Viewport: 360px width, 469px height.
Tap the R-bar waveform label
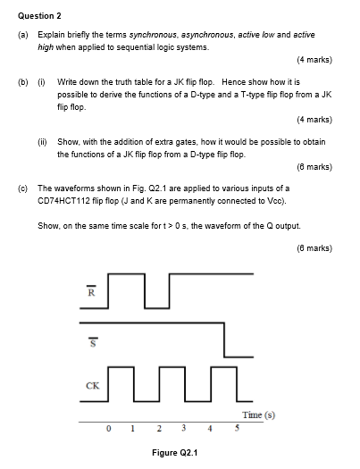tap(89, 292)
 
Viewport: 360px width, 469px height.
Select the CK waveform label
tap(92, 387)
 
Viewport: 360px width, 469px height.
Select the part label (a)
tap(22, 33)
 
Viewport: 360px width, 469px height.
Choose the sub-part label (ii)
tap(42, 142)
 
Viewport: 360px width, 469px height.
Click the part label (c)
tap(22, 188)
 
